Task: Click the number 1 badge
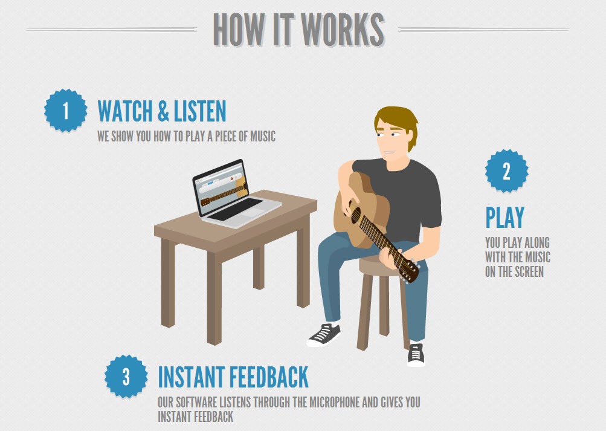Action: (x=65, y=111)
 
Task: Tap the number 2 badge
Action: (x=506, y=171)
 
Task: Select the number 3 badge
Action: (x=126, y=377)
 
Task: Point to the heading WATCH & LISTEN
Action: (x=162, y=111)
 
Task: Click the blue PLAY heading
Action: (x=504, y=218)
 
